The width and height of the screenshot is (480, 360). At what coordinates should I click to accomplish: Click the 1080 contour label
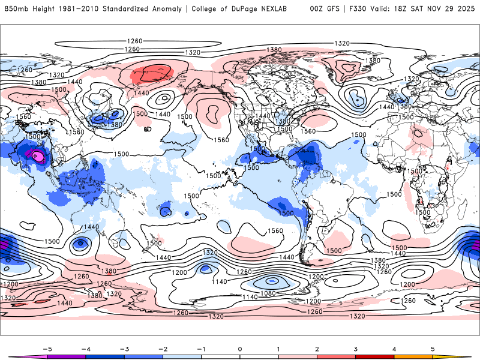[272, 294]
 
